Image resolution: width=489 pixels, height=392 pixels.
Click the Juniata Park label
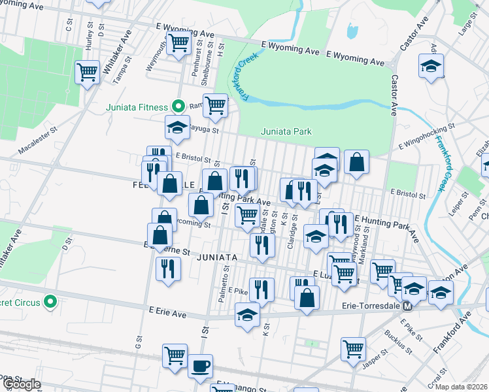[x=286, y=131]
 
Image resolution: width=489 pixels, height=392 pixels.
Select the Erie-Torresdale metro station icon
[x=407, y=305]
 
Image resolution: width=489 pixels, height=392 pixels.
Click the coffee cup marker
[x=200, y=366]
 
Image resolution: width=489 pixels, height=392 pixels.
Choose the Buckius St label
[x=393, y=340]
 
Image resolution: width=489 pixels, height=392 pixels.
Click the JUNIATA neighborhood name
[x=215, y=257]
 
